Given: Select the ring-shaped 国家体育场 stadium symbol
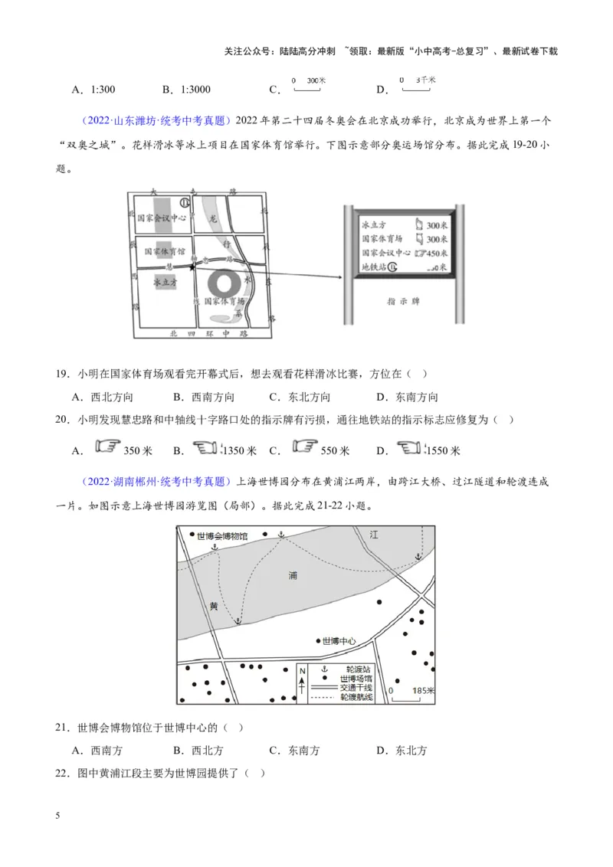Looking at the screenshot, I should (226, 283).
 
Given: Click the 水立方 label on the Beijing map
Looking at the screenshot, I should (166, 282).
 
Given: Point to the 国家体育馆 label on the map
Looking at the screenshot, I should (165, 250).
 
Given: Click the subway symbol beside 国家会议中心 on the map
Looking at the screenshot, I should (184, 202).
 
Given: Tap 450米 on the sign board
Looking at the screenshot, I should (436, 253).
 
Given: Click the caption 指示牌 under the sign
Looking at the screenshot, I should (402, 302).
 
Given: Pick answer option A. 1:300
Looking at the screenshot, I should (93, 90).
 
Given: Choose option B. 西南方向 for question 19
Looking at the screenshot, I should (203, 397).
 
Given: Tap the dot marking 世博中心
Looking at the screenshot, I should (318, 640).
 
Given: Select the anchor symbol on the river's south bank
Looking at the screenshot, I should (237, 621).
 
